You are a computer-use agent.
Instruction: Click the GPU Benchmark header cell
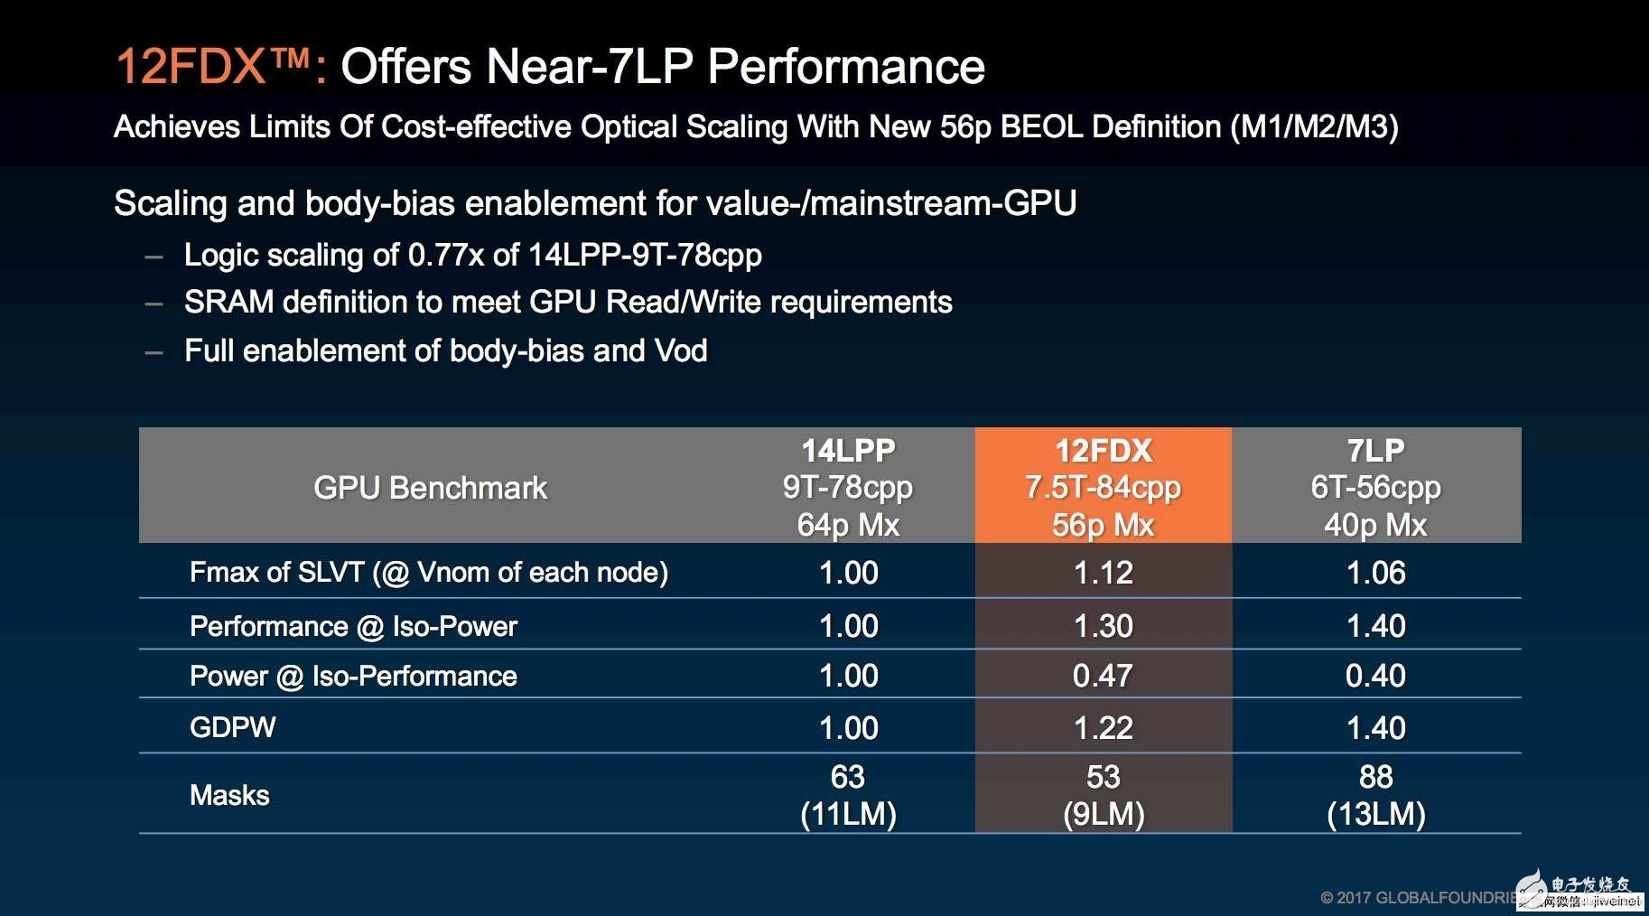point(430,488)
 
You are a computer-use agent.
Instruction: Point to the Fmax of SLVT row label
point(429,573)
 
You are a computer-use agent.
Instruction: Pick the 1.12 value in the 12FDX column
point(1103,573)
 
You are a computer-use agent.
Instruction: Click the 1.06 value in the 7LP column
point(1375,573)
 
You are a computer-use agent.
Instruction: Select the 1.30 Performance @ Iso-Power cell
point(1103,626)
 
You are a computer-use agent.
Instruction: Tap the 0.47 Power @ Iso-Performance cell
point(1103,676)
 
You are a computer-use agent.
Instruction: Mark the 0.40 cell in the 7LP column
point(1375,676)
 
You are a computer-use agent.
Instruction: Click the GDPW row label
point(233,727)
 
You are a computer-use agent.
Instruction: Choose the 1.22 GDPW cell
point(1103,728)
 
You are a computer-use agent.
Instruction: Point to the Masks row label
point(229,795)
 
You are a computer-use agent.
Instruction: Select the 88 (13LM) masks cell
point(1375,795)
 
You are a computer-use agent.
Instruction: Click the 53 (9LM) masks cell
point(1103,795)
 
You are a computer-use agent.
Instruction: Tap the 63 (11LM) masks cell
point(848,795)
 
